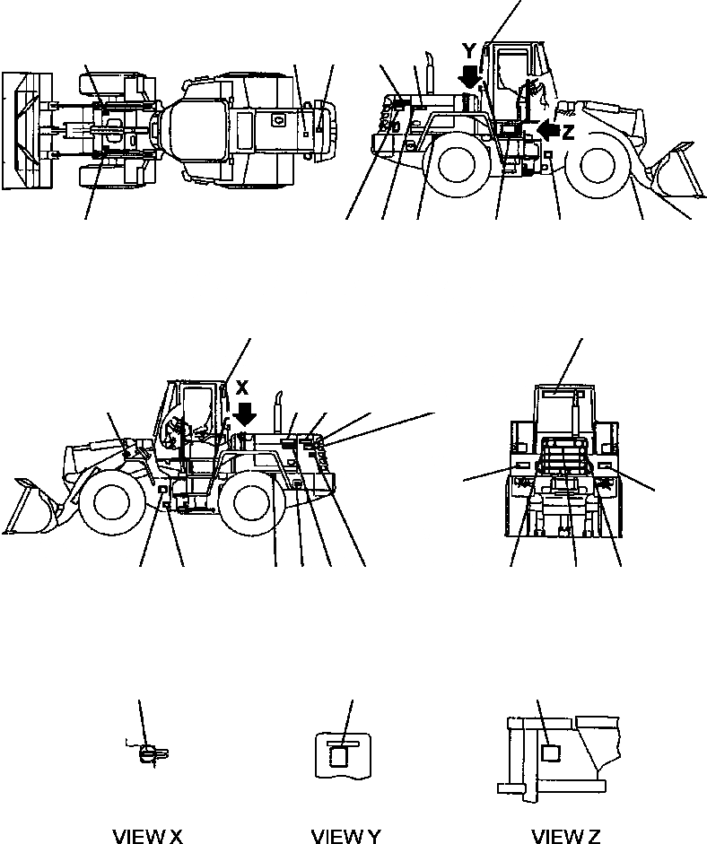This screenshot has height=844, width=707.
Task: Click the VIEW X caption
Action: coord(147,836)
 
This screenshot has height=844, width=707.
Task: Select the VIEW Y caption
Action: coord(345,836)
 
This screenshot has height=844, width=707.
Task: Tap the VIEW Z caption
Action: coord(565,836)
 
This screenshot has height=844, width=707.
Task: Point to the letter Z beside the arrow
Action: coord(568,134)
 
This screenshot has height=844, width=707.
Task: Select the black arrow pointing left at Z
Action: coord(545,133)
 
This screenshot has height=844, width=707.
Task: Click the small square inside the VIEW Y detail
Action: coord(338,757)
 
